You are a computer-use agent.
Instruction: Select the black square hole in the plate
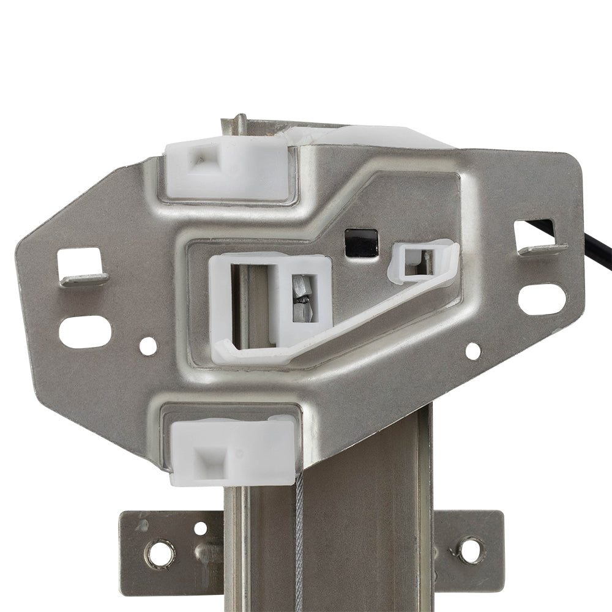coord(361,242)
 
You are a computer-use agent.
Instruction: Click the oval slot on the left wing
coord(85,332)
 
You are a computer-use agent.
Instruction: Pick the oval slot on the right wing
coord(542,299)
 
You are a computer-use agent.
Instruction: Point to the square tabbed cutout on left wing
coord(81,266)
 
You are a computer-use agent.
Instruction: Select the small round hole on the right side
coord(473,351)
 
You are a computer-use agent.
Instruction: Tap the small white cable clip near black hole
coord(422,262)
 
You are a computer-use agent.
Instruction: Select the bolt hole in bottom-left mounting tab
coord(159,554)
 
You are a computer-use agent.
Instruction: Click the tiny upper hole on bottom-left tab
coord(200,528)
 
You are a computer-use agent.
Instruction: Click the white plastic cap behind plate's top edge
coord(379,136)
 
